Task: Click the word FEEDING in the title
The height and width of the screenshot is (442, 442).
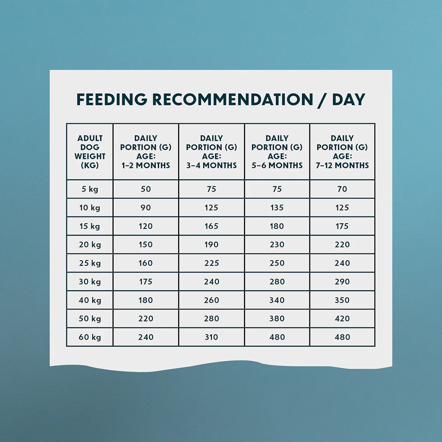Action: (x=112, y=99)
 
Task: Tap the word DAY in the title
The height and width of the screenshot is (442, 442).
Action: (x=349, y=99)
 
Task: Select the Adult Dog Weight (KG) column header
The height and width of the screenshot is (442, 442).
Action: (x=89, y=152)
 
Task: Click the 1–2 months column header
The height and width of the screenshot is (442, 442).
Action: (x=146, y=152)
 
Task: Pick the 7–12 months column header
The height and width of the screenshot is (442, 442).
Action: (x=342, y=152)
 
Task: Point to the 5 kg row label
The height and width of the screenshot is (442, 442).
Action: (x=89, y=189)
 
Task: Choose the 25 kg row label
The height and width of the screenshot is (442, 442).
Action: (x=89, y=263)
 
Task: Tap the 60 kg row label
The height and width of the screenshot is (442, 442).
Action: (x=89, y=337)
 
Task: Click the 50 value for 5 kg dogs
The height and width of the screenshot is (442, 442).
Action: (x=146, y=189)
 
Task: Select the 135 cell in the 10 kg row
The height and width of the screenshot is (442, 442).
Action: (x=277, y=208)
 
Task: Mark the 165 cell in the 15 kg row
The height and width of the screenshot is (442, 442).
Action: (x=211, y=226)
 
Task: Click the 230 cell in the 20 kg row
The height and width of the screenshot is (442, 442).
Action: (x=277, y=244)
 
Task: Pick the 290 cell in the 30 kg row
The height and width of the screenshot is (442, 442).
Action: (x=342, y=282)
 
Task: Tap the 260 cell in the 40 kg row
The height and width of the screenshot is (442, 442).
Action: (x=211, y=300)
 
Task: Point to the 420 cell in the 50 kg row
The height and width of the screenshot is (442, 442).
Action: (x=342, y=318)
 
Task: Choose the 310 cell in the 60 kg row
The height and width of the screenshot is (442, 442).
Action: (x=211, y=337)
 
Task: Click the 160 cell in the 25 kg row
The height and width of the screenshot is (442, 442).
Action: (x=146, y=263)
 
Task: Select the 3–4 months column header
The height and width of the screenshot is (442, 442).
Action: (x=211, y=152)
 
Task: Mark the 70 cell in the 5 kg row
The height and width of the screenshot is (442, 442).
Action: (x=342, y=189)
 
